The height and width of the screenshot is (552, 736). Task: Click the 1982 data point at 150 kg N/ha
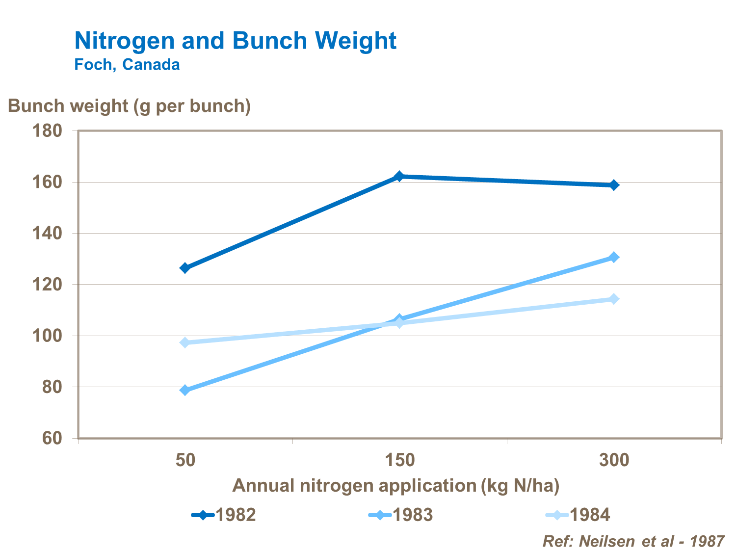(x=399, y=176)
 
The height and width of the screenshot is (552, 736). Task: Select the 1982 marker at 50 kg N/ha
(x=185, y=268)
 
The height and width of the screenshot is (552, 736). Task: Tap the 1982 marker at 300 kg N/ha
(x=613, y=185)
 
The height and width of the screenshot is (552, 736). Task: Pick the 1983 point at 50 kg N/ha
(x=185, y=390)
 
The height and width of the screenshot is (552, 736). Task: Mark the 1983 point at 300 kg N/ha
(x=613, y=257)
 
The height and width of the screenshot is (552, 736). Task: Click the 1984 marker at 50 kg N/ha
(x=185, y=342)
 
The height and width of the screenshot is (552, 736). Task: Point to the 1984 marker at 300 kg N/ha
(x=613, y=299)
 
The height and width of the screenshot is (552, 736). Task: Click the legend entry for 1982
(x=224, y=515)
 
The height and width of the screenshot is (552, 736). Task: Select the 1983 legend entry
(x=401, y=515)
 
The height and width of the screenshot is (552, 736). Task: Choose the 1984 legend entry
(x=578, y=515)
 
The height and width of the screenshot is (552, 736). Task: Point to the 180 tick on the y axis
(x=47, y=131)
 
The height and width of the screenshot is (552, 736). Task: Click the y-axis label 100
(x=47, y=336)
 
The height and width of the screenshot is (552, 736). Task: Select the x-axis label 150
(x=399, y=460)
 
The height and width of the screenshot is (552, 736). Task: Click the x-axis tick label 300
(x=613, y=460)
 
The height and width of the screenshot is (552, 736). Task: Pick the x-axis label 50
(x=185, y=460)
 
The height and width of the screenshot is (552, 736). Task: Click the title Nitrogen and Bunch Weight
(x=235, y=40)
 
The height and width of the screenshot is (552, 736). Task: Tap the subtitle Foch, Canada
(x=127, y=65)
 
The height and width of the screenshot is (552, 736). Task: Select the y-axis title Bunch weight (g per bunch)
(x=130, y=106)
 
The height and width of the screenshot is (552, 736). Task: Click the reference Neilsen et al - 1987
(x=633, y=541)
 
